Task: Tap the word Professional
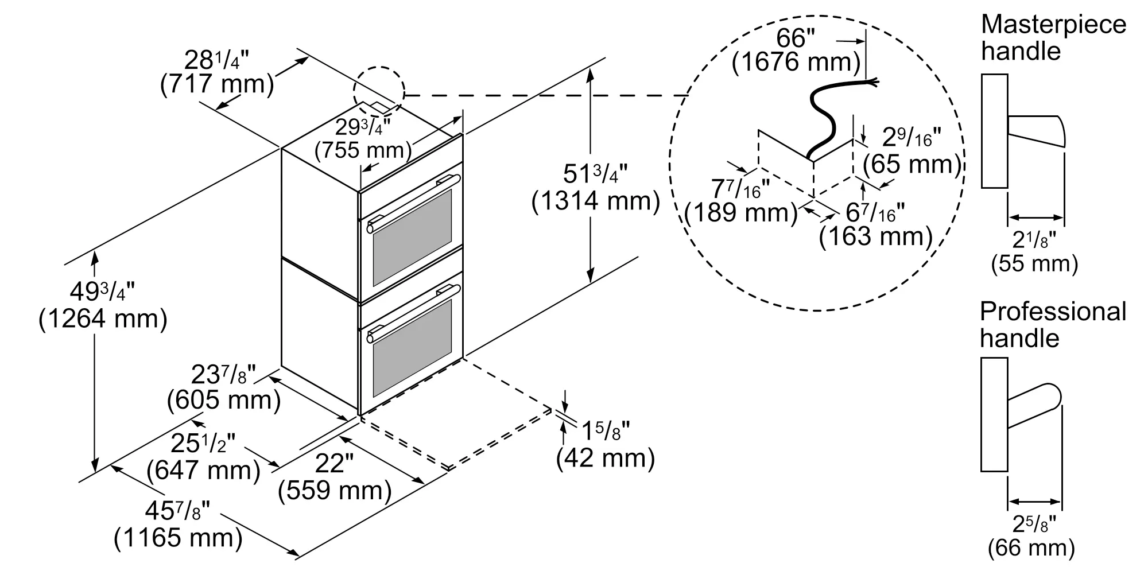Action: click(x=1053, y=312)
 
